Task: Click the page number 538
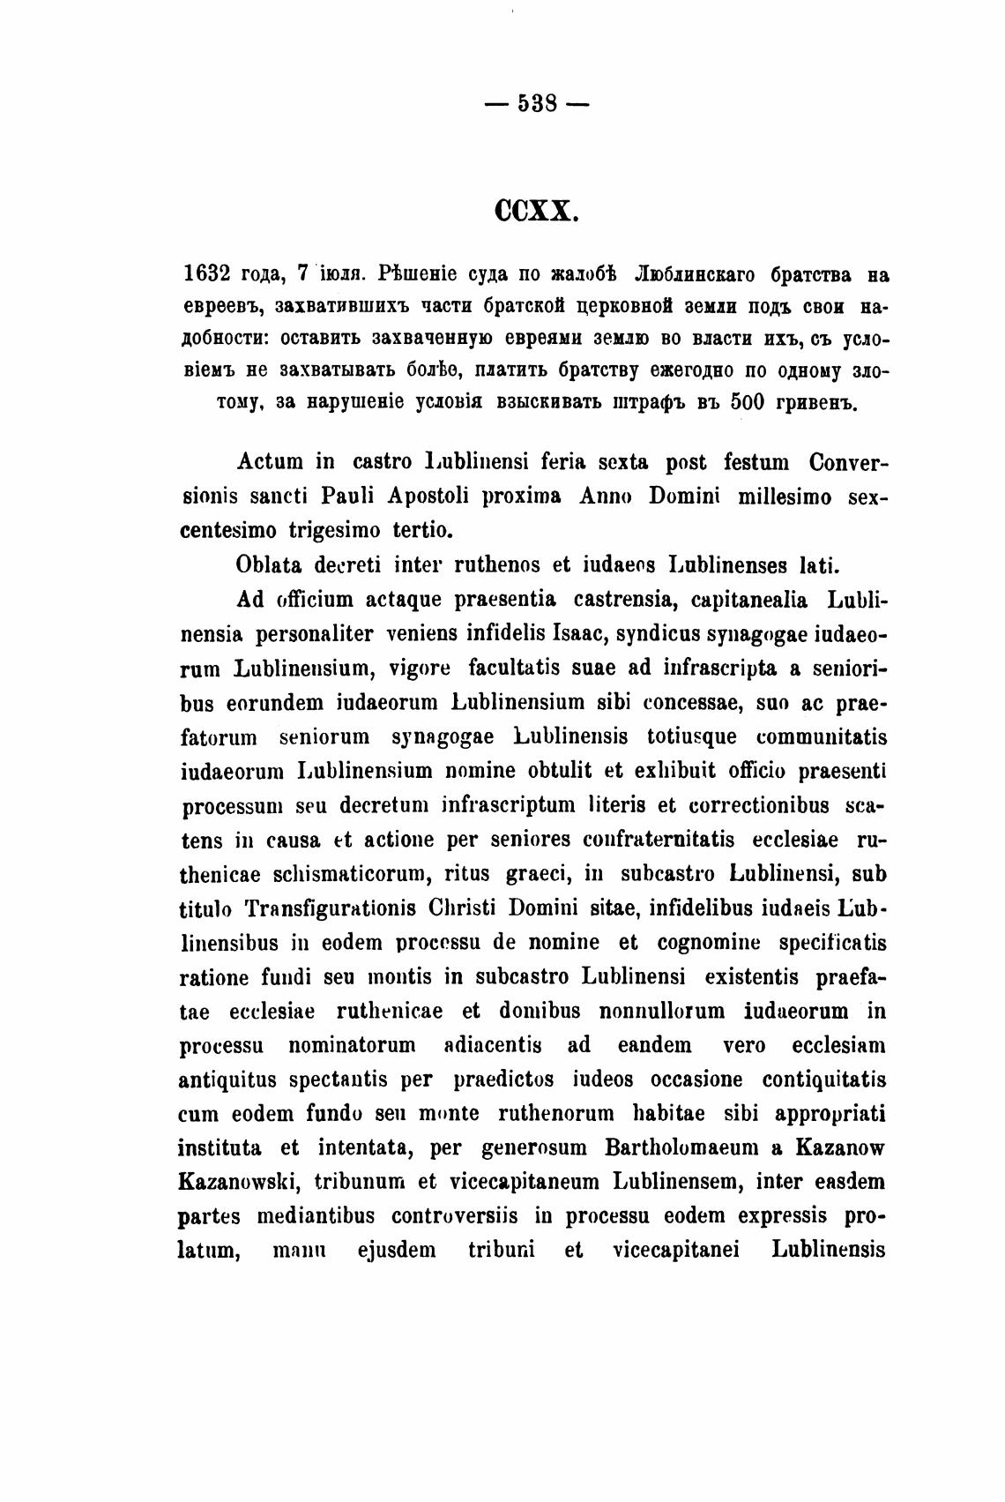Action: tap(537, 103)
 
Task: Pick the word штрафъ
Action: tap(650, 402)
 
